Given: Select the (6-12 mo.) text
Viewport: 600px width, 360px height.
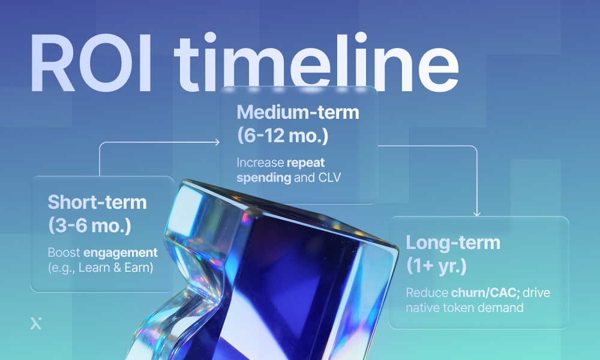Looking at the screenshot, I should point(283,135).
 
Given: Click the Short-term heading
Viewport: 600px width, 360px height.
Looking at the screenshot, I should point(97,202).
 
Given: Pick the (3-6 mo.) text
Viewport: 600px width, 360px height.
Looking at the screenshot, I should point(89,226).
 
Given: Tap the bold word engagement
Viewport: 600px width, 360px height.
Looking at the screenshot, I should point(121,252).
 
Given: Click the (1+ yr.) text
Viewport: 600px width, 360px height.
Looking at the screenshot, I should point(437,266).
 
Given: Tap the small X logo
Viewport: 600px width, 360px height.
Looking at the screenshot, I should point(35,324).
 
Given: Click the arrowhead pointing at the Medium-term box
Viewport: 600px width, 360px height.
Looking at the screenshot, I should point(217,142).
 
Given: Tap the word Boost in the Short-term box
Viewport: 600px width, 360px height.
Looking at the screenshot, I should point(64,252).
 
